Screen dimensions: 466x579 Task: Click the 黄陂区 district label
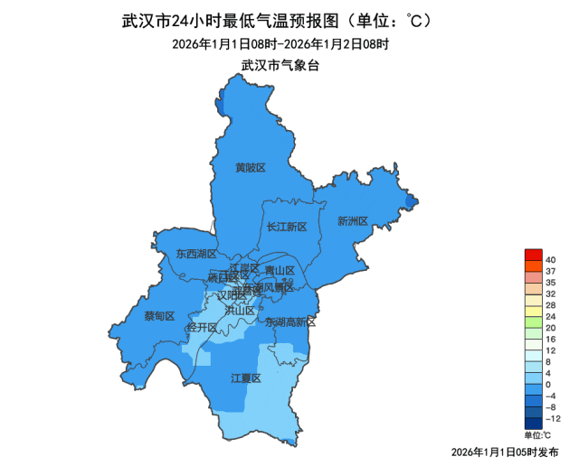coord(251,168)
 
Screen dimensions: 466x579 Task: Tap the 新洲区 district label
coord(352,221)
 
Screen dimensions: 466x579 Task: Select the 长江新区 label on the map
coord(288,227)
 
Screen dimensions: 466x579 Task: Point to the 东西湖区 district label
coord(196,254)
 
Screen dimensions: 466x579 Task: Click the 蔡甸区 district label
coord(159,316)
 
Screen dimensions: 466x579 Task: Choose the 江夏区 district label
coord(246,378)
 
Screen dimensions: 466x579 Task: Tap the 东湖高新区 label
coord(290,322)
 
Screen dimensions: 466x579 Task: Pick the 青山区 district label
coord(280,270)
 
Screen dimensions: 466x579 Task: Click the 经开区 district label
coord(201,327)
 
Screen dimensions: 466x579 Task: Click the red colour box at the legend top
coord(533,254)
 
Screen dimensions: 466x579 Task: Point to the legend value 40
coord(551,261)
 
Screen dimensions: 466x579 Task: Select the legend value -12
coord(553,419)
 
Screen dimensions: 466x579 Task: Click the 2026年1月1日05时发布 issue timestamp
coord(503,451)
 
